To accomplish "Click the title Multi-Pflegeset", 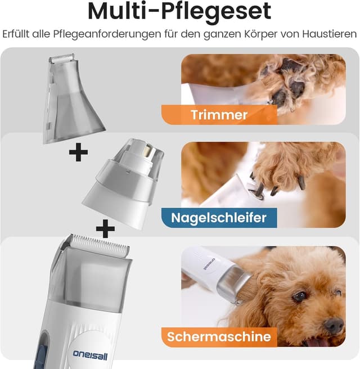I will pos(179,12).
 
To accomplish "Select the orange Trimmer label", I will pos(219,115).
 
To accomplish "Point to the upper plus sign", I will pos(78,152).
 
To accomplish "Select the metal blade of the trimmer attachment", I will pos(61,58).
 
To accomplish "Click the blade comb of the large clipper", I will pos(96,243).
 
